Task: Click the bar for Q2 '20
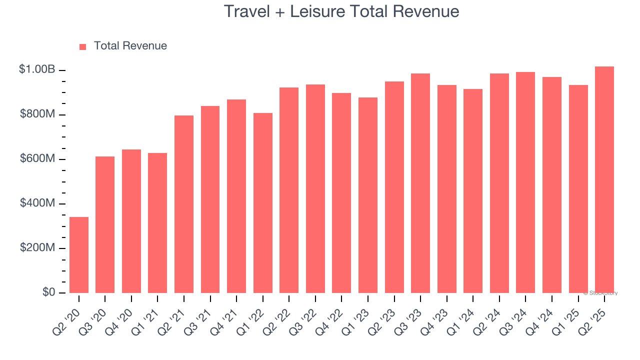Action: pyautogui.click(x=79, y=255)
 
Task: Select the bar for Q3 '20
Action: pyautogui.click(x=105, y=225)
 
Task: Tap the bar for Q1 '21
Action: pyautogui.click(x=157, y=223)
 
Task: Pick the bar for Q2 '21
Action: pyautogui.click(x=184, y=204)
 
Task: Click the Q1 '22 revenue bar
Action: pyautogui.click(x=263, y=203)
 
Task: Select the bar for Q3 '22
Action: pyautogui.click(x=315, y=189)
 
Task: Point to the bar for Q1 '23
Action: pyautogui.click(x=368, y=195)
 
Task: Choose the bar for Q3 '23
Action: pyautogui.click(x=420, y=183)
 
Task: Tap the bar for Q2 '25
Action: pyautogui.click(x=604, y=180)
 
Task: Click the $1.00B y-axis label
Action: pyautogui.click(x=37, y=69)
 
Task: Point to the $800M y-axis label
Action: pyautogui.click(x=37, y=114)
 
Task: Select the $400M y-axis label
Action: pyautogui.click(x=37, y=203)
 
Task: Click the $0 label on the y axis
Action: pyautogui.click(x=48, y=292)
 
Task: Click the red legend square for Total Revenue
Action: pyautogui.click(x=83, y=46)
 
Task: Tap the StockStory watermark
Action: pyautogui.click(x=600, y=293)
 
